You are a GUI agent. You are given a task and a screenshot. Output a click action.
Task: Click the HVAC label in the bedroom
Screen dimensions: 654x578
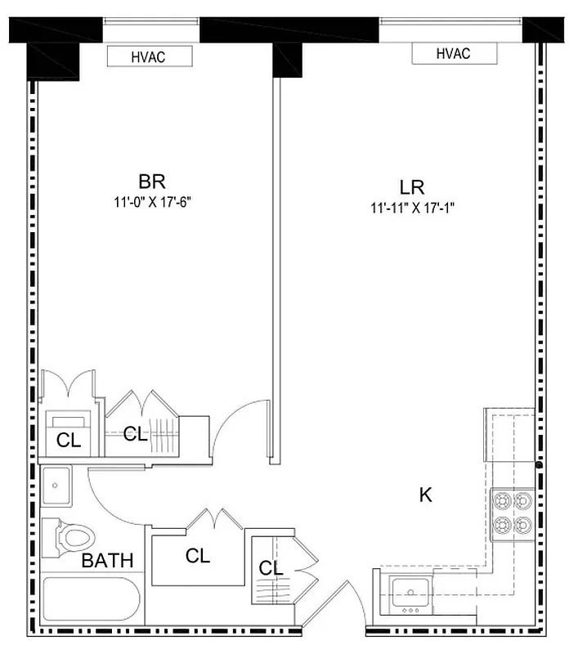coord(150,56)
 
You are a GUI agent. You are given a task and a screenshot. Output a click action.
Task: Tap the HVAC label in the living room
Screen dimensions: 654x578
coord(454,54)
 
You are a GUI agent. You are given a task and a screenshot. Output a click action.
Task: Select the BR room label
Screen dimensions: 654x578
coord(152,181)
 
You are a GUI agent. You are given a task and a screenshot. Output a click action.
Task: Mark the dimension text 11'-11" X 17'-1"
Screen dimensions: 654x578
coord(411,208)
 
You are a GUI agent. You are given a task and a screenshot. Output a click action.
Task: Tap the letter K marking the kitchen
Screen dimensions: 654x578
coord(425,495)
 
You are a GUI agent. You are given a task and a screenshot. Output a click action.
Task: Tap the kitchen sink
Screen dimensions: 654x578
coord(406,591)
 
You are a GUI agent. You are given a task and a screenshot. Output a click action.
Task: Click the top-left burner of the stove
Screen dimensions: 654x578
coord(501,499)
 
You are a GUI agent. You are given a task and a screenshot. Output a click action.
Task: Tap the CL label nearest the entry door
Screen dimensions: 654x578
coord(271,568)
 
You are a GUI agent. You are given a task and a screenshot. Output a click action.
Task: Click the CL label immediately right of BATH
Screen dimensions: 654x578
coord(197,557)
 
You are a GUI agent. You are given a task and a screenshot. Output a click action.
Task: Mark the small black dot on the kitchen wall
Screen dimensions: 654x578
coord(539,465)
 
